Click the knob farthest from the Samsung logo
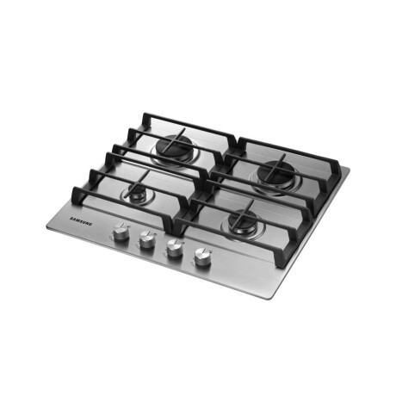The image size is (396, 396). click(203, 257)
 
